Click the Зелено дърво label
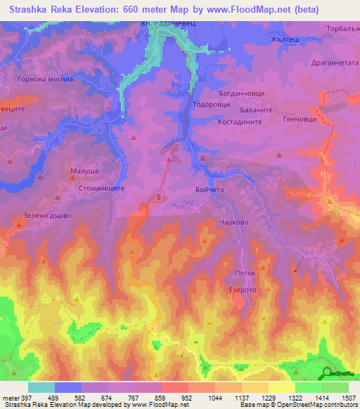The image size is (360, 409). tap(44, 215)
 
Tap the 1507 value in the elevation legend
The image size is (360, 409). tap(347, 398)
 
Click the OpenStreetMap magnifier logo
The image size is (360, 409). tap(326, 372)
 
